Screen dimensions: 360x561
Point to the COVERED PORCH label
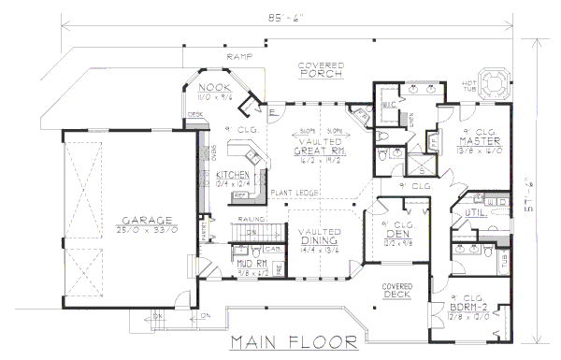pos(319,69)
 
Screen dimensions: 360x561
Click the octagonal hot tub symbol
pos(497,78)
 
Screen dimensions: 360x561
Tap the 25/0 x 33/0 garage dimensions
pos(140,229)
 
